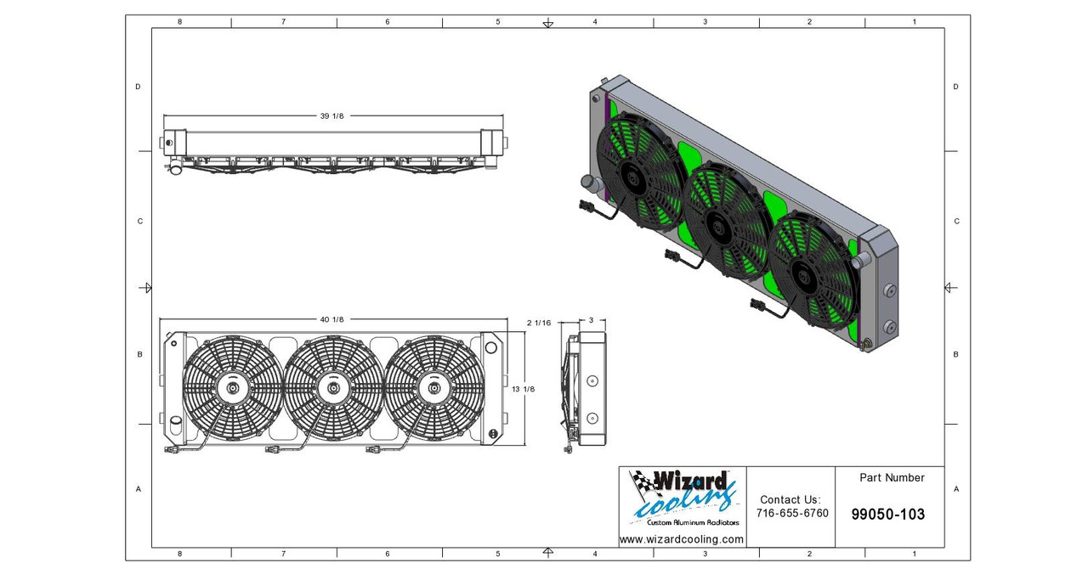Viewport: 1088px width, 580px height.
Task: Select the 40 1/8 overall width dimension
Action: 331,319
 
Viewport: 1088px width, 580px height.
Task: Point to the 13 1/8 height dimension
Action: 524,389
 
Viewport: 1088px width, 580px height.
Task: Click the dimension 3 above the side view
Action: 591,320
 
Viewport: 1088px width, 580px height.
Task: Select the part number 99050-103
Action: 887,515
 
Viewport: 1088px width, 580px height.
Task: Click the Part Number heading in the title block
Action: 892,478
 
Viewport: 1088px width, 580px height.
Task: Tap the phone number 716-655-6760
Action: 792,514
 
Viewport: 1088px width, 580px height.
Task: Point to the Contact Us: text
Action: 790,500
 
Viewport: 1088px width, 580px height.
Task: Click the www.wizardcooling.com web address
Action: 681,539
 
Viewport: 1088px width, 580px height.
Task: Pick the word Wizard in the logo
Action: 688,481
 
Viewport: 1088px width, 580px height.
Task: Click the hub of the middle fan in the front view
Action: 332,388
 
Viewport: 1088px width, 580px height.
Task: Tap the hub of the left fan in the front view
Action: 232,388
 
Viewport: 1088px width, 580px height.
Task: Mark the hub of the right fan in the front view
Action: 433,388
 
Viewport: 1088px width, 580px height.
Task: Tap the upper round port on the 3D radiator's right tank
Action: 890,291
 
